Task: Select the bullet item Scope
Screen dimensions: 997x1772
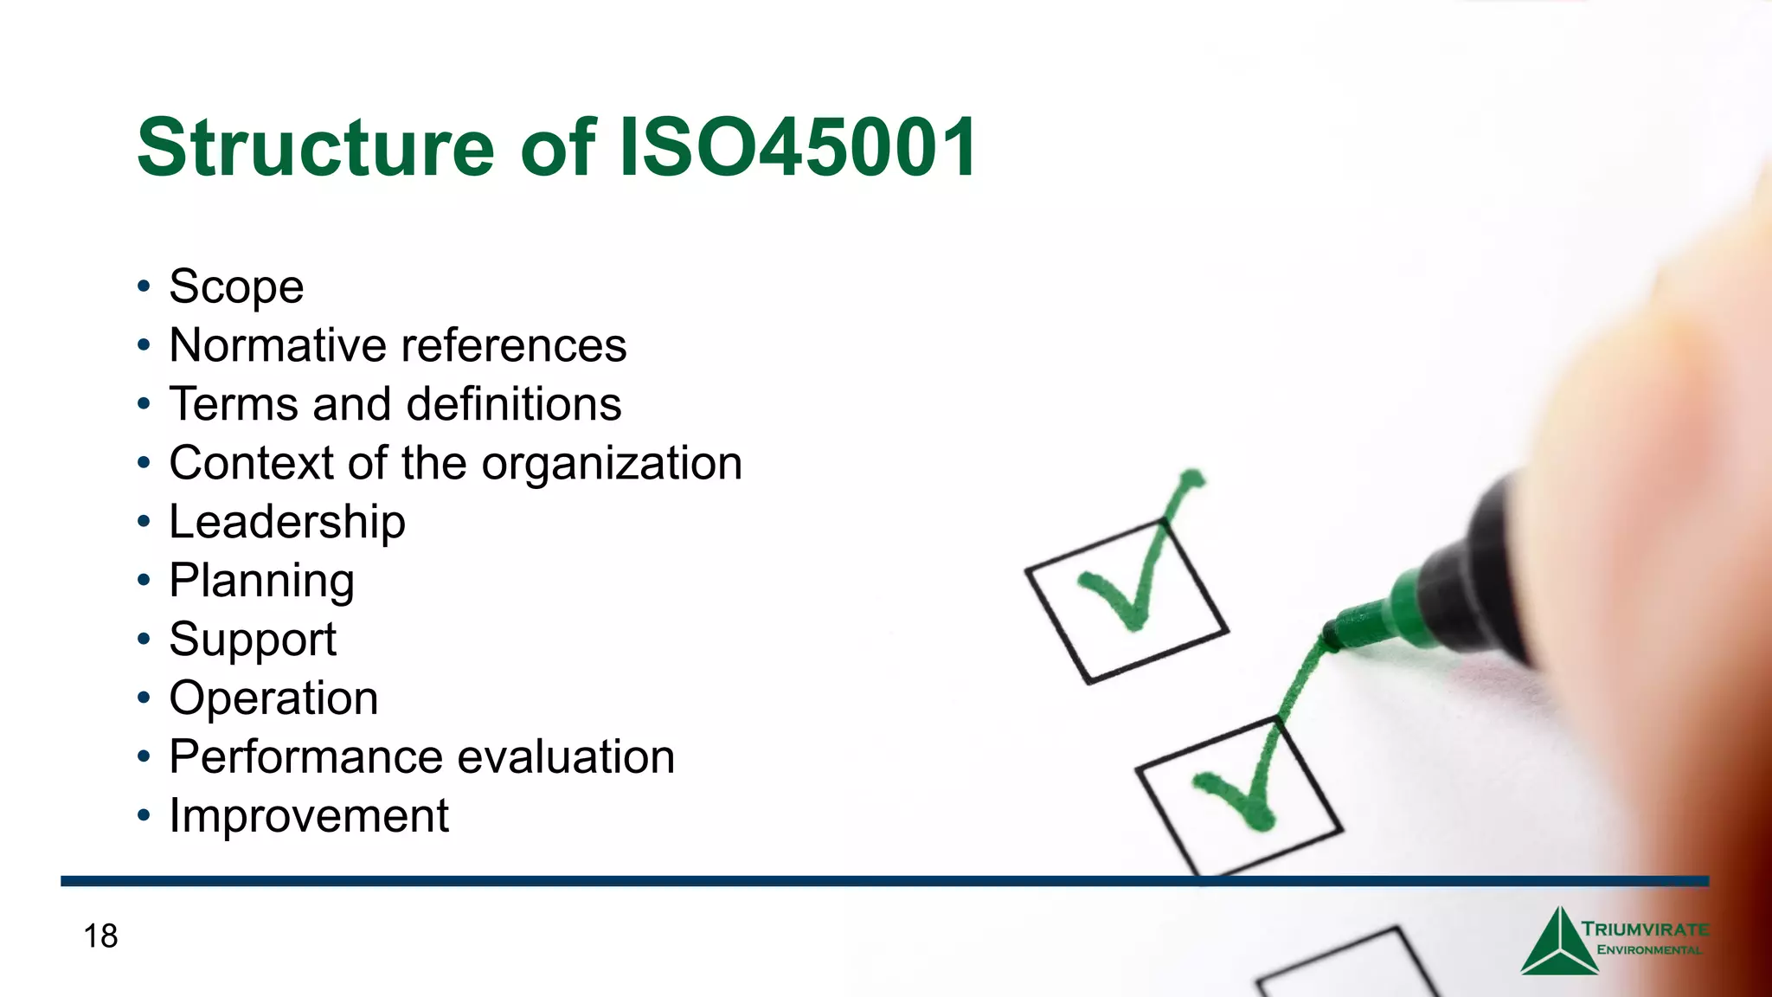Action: coord(236,286)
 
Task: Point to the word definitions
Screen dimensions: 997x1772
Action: coord(513,404)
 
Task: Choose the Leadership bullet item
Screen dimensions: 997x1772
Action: coord(286,522)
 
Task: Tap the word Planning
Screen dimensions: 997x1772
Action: coord(261,581)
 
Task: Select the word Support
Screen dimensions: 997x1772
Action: coord(252,640)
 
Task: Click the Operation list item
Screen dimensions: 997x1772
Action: coord(273,698)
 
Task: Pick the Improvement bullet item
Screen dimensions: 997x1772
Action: coord(308,816)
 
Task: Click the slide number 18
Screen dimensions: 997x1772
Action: coord(100,936)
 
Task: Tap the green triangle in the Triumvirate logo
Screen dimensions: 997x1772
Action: coord(1558,948)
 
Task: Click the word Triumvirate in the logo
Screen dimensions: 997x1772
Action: coord(1645,929)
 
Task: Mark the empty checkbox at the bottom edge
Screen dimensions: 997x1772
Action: coord(1350,969)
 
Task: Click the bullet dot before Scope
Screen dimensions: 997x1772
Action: coord(144,286)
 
